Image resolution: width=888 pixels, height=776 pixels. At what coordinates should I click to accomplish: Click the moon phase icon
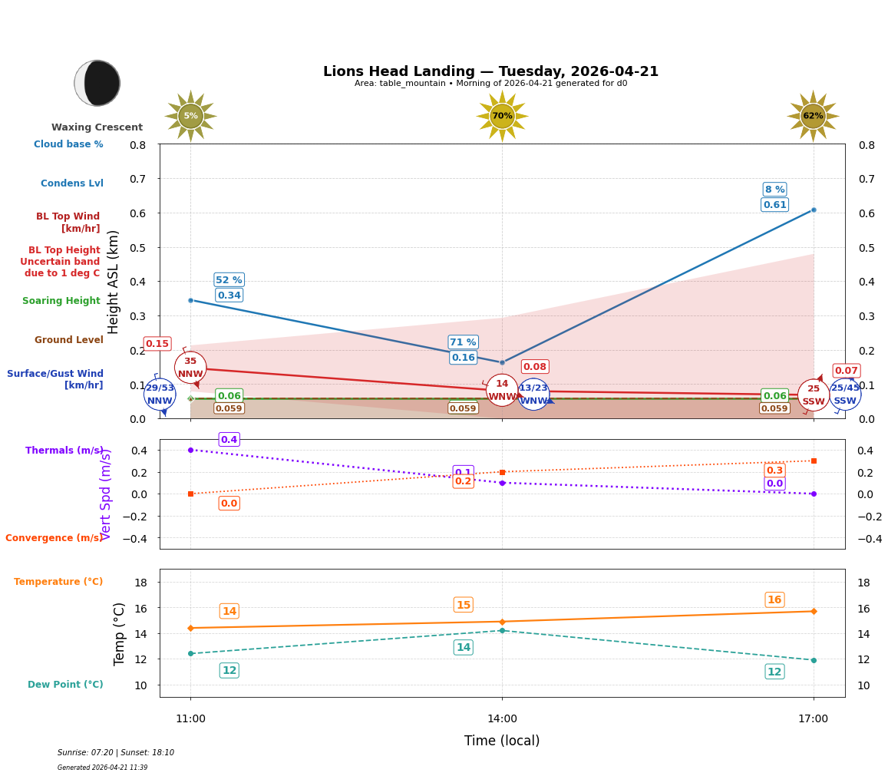[x=97, y=83]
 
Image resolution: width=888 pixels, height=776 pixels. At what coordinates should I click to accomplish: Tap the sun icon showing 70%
[x=502, y=116]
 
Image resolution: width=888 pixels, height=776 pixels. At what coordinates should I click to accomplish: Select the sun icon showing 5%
[x=190, y=116]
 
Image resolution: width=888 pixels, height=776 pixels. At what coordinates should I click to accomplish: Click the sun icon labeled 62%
[x=813, y=116]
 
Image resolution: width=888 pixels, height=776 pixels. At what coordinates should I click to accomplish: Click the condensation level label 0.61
[x=774, y=205]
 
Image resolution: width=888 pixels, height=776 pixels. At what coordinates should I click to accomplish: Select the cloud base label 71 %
[x=463, y=342]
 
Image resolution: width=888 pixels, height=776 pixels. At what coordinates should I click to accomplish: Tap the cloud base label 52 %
[x=229, y=280]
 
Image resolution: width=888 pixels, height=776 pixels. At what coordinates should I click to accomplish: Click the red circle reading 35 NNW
[x=190, y=368]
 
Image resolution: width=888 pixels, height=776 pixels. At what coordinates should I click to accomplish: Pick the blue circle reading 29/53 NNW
[x=160, y=395]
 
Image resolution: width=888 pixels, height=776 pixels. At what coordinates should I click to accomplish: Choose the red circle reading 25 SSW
[x=813, y=395]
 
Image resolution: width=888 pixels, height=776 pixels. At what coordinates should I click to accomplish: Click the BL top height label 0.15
[x=157, y=344]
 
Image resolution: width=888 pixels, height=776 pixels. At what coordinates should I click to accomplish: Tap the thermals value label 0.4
[x=229, y=440]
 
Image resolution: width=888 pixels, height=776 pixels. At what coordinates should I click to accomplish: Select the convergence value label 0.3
[x=774, y=471]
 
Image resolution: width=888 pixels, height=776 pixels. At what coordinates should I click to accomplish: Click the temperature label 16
[x=774, y=600]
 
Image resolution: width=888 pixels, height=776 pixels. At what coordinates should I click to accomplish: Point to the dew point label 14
[x=463, y=648]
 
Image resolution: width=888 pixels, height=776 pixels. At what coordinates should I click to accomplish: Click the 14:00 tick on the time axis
[x=502, y=719]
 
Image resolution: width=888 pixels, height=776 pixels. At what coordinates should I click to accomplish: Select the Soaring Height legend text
[x=61, y=301]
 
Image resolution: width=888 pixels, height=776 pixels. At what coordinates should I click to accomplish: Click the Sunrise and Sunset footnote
[x=116, y=753]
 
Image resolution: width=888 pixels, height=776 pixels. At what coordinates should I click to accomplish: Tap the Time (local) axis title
[x=502, y=741]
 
